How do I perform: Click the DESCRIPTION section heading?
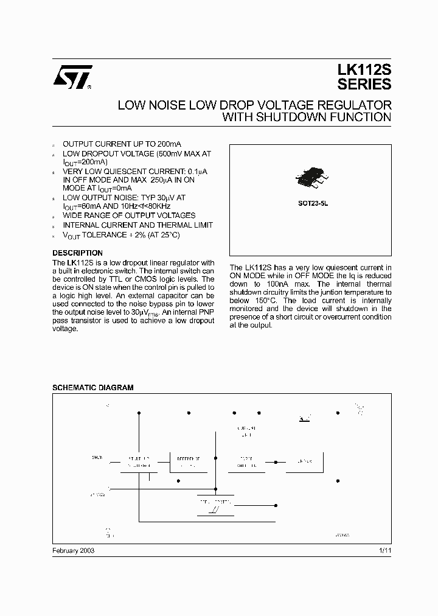77,253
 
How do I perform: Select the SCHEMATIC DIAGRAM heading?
92,387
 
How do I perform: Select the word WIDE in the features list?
73,215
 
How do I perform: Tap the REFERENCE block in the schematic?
188,461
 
